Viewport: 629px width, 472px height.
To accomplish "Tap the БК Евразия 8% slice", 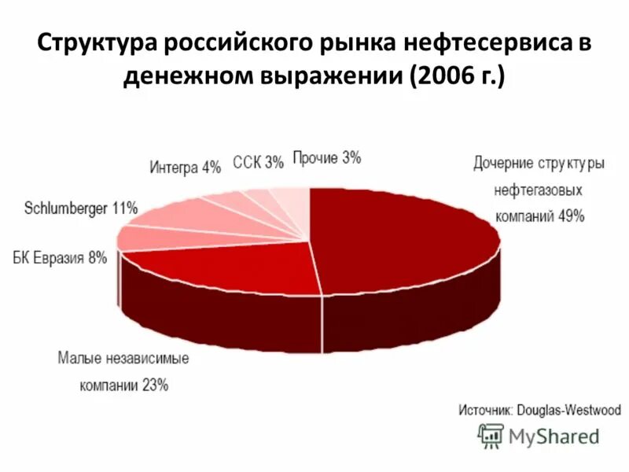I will [145, 237].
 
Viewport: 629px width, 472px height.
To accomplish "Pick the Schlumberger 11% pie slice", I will [189, 216].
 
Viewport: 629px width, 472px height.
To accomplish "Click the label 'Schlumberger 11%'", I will [81, 208].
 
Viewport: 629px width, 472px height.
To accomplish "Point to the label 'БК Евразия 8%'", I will [60, 257].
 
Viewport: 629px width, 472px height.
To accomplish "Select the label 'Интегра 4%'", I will [185, 168].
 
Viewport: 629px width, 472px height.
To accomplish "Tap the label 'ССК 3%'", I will [258, 163].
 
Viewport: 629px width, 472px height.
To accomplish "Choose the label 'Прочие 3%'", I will [326, 158].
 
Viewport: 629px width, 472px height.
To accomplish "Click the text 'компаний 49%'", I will [539, 216].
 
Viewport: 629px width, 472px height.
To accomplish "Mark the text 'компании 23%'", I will [123, 385].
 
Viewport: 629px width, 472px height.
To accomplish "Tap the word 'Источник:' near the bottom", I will [486, 410].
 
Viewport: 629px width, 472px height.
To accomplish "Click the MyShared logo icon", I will [491, 436].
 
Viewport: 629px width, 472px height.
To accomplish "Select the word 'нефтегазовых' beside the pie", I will [539, 190].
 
